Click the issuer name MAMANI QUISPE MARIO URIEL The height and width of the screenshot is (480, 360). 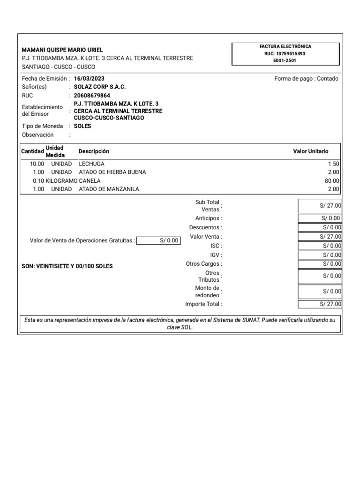pos(62,50)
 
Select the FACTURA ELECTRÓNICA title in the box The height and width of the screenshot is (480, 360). pos(285,46)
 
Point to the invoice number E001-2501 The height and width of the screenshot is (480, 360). pos(285,60)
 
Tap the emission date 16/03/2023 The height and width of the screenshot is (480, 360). pos(89,79)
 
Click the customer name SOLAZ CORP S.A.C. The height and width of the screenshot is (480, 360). pos(100,87)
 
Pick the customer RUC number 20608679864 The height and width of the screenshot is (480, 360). pos(92,96)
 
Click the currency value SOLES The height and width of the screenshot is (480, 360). pos(82,126)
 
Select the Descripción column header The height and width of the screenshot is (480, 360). pos(94,151)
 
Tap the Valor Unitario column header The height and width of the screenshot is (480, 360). pos(311,151)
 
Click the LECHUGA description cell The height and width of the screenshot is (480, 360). pos(91,164)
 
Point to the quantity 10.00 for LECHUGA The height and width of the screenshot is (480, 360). pos(37,164)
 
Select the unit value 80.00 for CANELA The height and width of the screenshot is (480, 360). pos(332,181)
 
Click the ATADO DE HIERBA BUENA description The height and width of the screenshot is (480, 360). pos(112,172)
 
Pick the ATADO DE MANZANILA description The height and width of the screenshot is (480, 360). pos(109,189)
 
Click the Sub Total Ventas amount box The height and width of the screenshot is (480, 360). pos(320,205)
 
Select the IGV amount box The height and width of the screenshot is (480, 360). pos(320,255)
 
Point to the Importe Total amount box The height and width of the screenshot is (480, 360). pos(320,304)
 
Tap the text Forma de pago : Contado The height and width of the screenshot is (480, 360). pos(306,79)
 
